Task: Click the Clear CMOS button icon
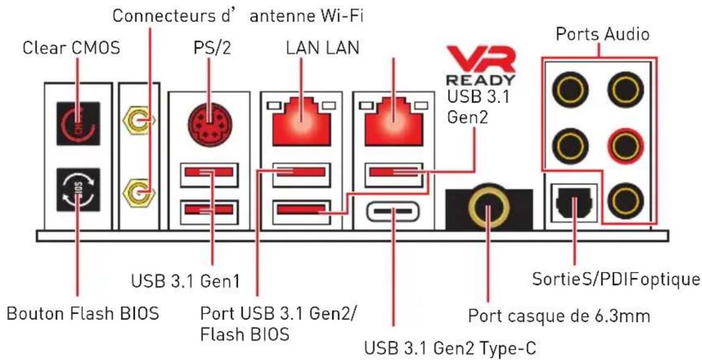78,123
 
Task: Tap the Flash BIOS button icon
78,190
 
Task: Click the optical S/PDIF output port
573,203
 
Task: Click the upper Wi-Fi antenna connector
138,121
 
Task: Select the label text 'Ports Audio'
602,34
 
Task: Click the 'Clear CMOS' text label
71,47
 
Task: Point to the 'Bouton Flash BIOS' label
82,313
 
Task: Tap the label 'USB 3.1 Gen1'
185,282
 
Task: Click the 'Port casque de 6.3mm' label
559,316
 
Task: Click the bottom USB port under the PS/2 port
208,210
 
